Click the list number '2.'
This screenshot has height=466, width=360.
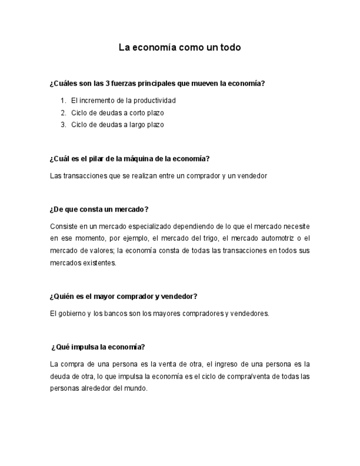tap(63, 113)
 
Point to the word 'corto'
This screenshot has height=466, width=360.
tap(132, 113)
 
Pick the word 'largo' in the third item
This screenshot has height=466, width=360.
tap(132, 125)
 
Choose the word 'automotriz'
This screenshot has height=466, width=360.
tap(275, 238)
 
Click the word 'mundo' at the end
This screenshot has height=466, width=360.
tap(136, 389)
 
